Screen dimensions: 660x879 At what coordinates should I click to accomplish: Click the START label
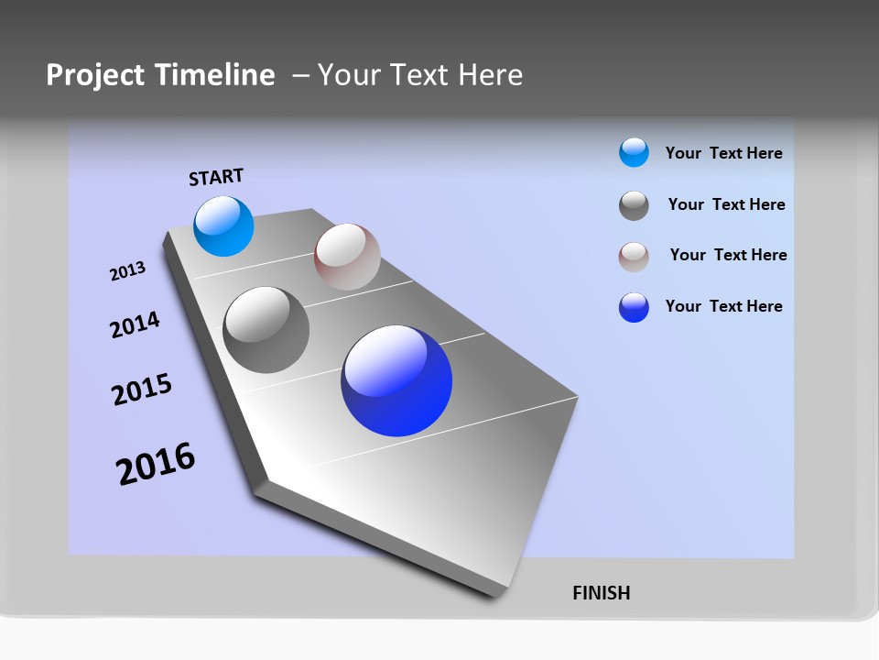pos(216,177)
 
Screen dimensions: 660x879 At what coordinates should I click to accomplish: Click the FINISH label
pos(601,593)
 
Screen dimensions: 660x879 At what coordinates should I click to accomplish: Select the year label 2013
pos(127,271)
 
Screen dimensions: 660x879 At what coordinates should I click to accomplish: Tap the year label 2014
pos(135,324)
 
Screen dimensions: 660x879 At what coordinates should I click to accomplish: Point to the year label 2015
pos(142,390)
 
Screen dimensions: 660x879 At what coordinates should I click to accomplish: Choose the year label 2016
pos(156,464)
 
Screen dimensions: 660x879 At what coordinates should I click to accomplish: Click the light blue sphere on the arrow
pos(223,226)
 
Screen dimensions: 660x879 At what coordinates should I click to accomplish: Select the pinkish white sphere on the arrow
pos(347,257)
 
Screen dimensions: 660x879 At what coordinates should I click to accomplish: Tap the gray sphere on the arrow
pos(266,330)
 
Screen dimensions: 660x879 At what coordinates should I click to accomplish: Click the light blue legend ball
pos(634,153)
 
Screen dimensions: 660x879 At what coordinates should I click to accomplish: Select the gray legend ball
pos(634,205)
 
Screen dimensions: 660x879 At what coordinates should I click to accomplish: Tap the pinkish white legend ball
pos(634,257)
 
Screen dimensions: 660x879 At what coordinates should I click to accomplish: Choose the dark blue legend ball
pos(634,307)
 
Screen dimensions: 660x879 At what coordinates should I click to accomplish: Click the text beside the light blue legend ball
pos(723,153)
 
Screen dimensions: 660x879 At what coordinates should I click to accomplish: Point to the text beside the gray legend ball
pos(726,204)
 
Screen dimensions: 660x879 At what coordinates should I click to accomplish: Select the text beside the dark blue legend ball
pos(723,306)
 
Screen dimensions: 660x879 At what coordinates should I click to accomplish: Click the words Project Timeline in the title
pos(160,75)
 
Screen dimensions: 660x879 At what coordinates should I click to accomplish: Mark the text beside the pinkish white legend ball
pos(728,255)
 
